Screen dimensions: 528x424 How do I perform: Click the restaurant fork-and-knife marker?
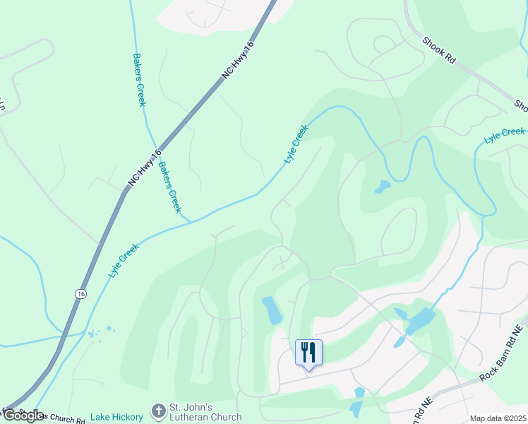(308, 352)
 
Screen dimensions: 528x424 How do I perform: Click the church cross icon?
(158, 410)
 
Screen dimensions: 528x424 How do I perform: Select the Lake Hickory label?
(116, 417)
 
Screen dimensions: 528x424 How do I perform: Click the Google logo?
(23, 416)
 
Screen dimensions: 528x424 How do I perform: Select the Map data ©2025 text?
(498, 418)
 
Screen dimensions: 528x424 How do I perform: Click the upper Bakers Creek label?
(140, 80)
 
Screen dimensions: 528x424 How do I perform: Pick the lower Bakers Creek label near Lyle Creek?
(169, 187)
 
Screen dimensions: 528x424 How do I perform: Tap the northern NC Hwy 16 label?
(239, 61)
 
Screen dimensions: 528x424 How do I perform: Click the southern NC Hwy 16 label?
(145, 168)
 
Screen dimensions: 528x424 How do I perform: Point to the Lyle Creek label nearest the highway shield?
(124, 260)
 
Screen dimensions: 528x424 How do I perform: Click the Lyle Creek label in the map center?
(296, 145)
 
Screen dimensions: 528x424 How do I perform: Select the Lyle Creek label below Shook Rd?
(505, 136)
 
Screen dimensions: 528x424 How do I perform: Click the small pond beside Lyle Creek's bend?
(382, 187)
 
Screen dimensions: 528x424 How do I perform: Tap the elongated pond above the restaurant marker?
(272, 310)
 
